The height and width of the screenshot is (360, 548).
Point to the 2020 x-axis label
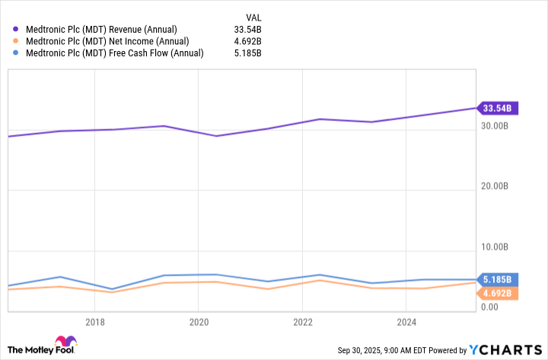click(198, 322)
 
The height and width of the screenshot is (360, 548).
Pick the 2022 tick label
click(302, 322)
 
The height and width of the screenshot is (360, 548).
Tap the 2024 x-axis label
click(406, 322)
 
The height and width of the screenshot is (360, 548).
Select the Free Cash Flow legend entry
click(115, 53)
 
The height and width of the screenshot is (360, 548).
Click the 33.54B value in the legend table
click(248, 30)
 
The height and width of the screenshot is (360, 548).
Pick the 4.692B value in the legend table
click(248, 41)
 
